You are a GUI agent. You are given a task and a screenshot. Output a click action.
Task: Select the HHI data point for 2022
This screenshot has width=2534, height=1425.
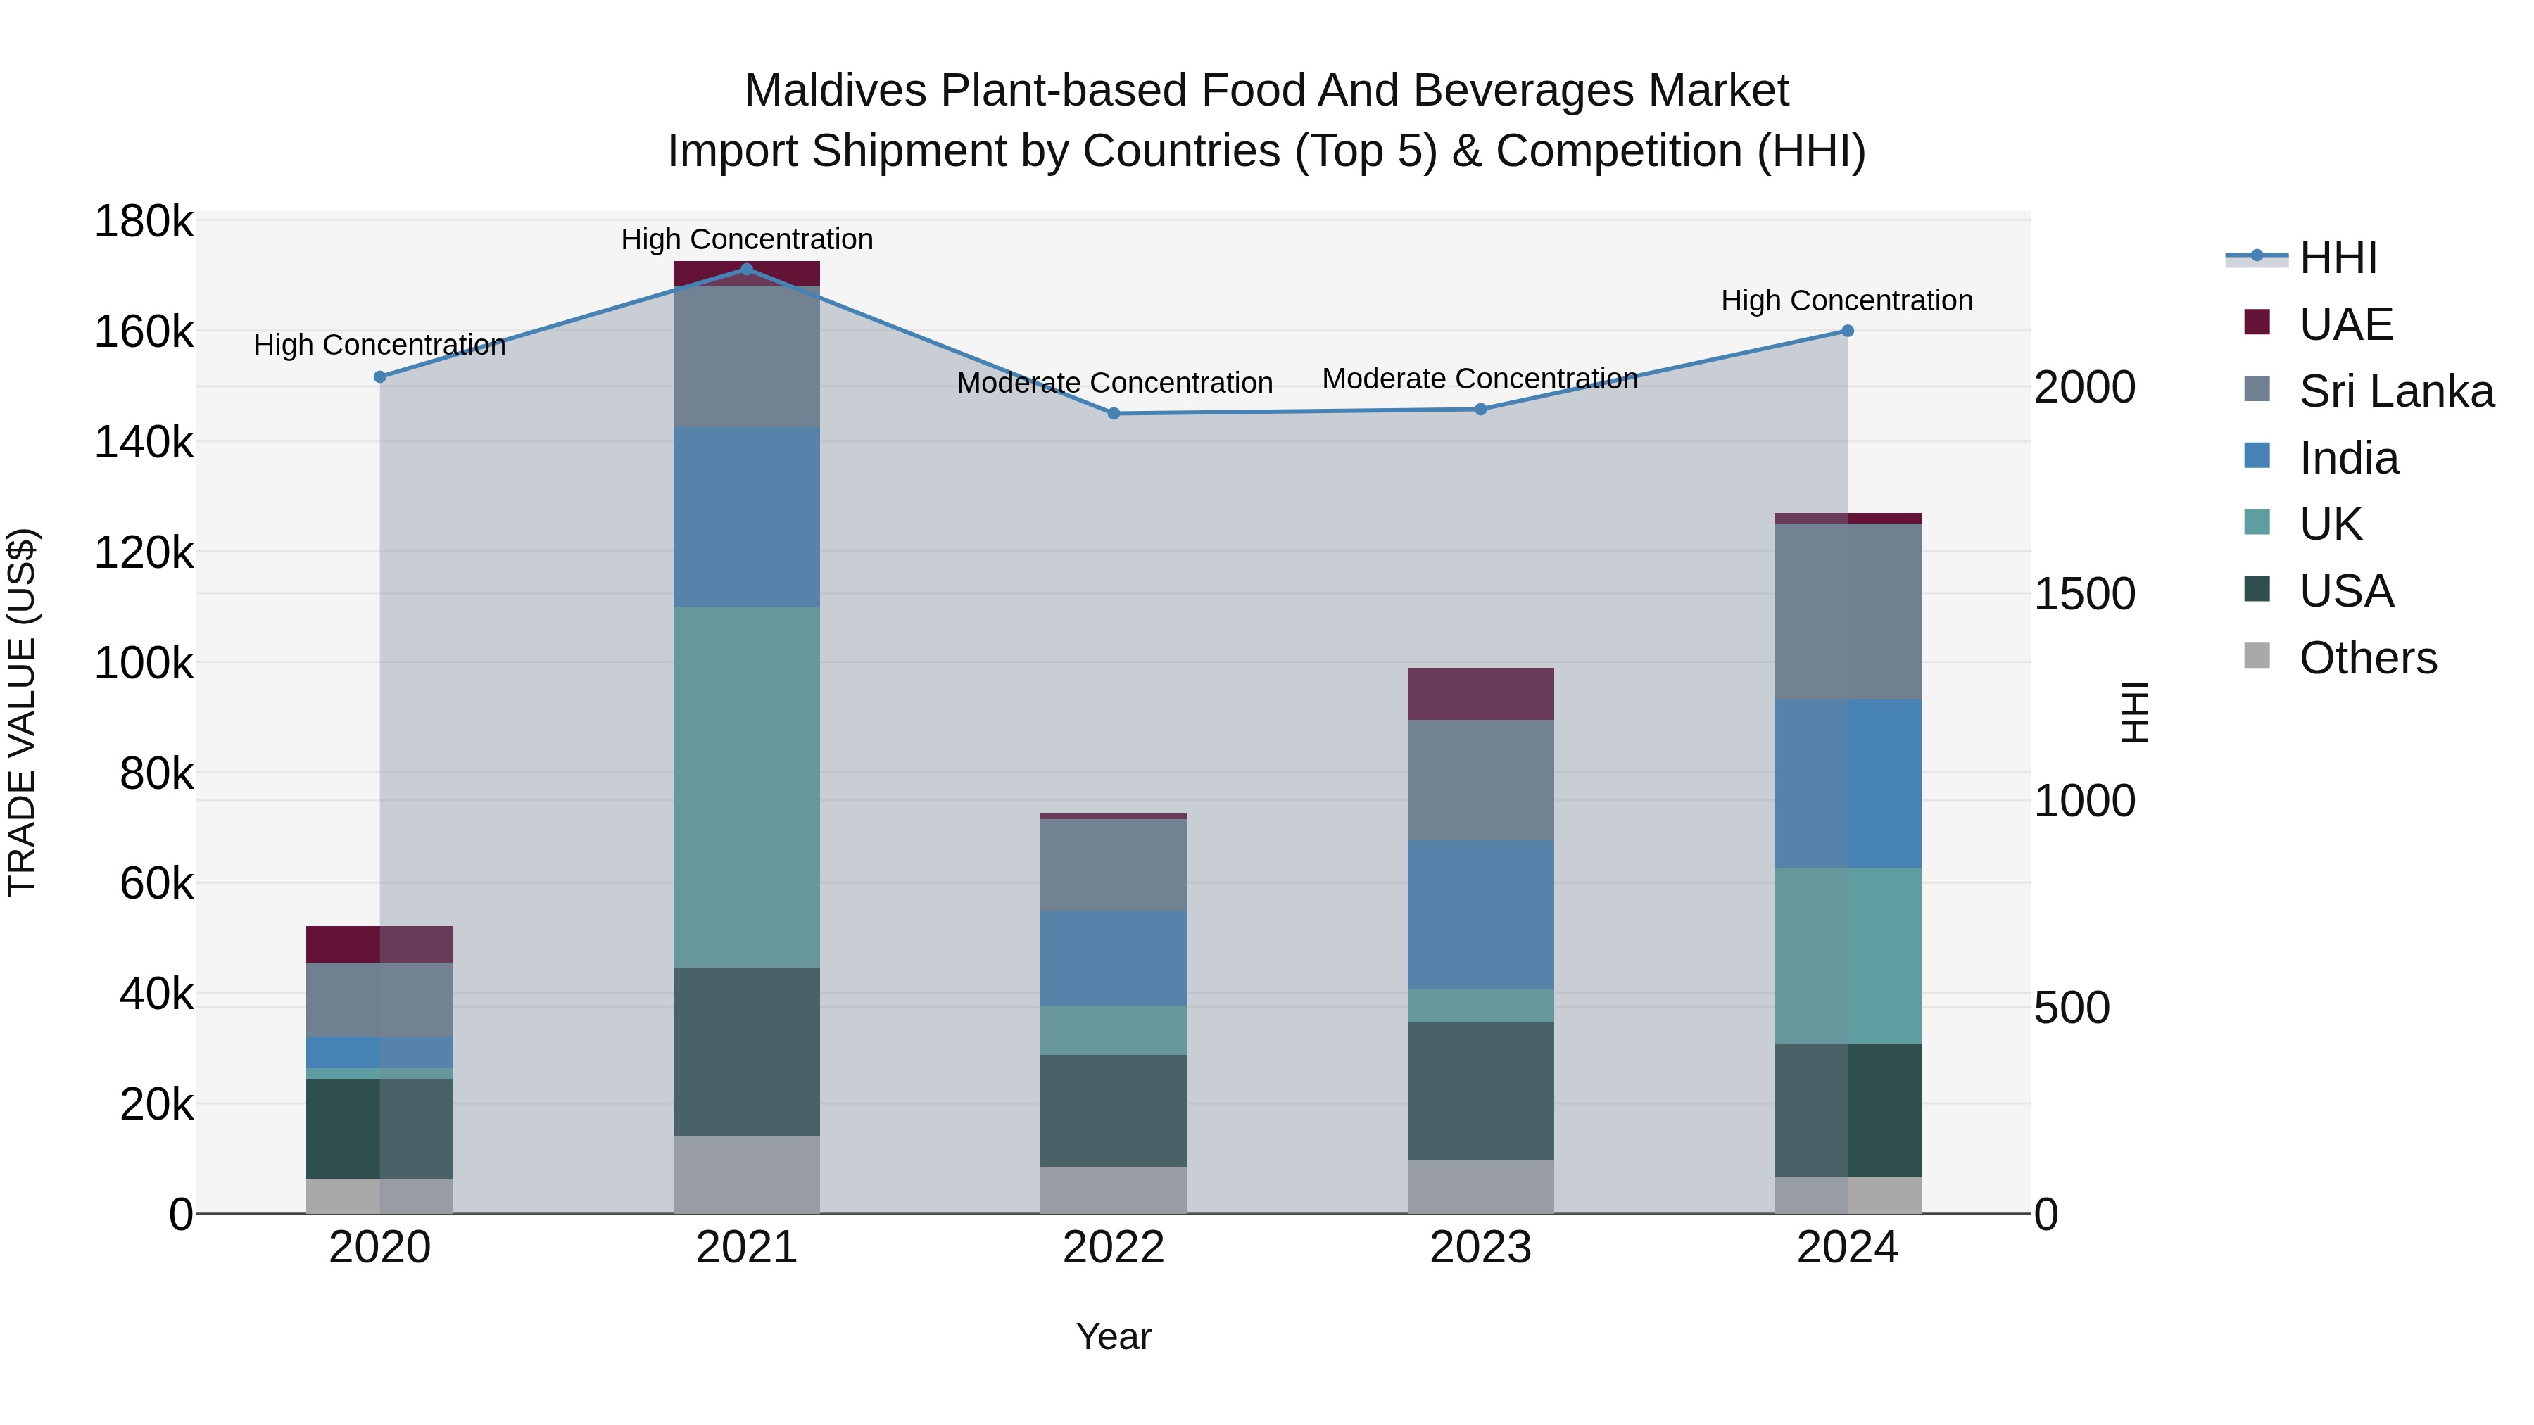[1114, 414]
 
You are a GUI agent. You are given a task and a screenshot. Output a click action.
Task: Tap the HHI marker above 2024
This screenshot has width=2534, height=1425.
[1848, 331]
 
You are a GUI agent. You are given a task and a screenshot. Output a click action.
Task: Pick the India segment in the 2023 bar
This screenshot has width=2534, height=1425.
[1480, 915]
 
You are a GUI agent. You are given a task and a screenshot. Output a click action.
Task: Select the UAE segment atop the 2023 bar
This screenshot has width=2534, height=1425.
[1480, 695]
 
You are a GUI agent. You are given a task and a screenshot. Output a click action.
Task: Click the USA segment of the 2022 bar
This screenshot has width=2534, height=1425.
[1114, 1111]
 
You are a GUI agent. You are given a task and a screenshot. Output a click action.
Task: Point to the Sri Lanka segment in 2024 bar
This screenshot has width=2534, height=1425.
[1848, 612]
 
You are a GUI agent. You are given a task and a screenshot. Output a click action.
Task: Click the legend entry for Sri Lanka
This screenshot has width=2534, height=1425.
[2395, 391]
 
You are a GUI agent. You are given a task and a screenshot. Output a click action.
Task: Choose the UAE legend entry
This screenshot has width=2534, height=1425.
[2345, 324]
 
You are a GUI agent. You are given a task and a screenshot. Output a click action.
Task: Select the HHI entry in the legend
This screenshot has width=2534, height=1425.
[2337, 258]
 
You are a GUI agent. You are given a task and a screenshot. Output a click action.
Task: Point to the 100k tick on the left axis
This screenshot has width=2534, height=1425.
[144, 664]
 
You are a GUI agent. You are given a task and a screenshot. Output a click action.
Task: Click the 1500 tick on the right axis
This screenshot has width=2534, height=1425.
[2084, 594]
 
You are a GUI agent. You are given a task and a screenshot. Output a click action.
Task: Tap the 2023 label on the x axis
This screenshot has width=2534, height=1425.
[1480, 1248]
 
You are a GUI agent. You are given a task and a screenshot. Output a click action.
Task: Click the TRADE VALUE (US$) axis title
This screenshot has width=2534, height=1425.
[22, 712]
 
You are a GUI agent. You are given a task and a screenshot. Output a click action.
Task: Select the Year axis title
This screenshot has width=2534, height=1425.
[1114, 1336]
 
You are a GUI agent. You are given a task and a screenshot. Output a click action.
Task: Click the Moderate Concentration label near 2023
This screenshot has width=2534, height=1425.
[1480, 379]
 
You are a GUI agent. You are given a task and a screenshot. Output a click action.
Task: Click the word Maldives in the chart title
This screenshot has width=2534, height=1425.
[835, 91]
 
